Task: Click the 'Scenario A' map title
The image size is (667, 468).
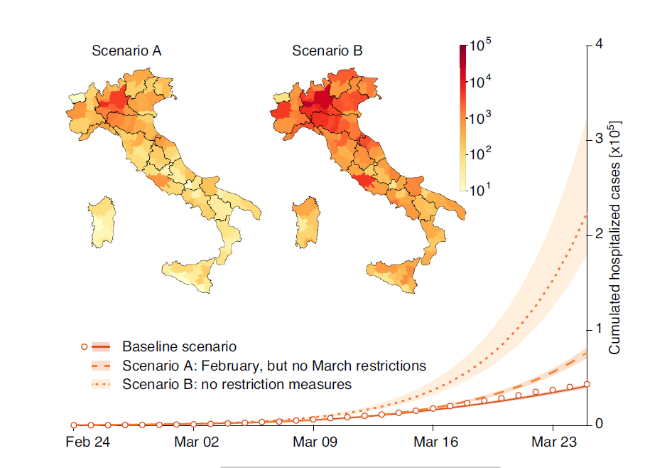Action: pyautogui.click(x=126, y=52)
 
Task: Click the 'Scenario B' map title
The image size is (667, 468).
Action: pyautogui.click(x=327, y=52)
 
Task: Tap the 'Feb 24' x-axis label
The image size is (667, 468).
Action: pyautogui.click(x=87, y=442)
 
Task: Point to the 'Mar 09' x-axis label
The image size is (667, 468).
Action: pyautogui.click(x=315, y=442)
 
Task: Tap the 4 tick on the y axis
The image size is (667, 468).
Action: pyautogui.click(x=598, y=44)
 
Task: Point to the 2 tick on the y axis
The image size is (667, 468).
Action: pyautogui.click(x=598, y=234)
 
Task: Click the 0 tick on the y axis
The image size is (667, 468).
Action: pyautogui.click(x=598, y=425)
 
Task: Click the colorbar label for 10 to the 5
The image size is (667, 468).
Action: pyautogui.click(x=481, y=47)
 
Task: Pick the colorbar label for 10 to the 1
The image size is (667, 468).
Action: pyautogui.click(x=481, y=188)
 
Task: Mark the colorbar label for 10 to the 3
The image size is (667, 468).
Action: pyautogui.click(x=481, y=117)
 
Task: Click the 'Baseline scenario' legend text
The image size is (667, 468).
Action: pyautogui.click(x=179, y=347)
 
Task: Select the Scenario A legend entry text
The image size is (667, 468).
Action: pyautogui.click(x=273, y=366)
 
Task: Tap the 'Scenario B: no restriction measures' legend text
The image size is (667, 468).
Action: pyautogui.click(x=237, y=385)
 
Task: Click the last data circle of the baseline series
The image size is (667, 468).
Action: pyautogui.click(x=587, y=384)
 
